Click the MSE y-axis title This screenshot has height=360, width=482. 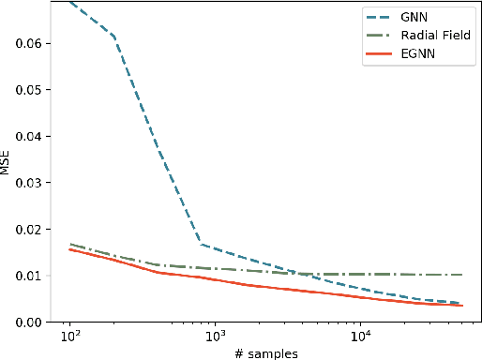[x=8, y=162]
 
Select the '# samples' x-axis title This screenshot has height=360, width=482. [x=267, y=352]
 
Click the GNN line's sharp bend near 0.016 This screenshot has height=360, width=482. [x=201, y=245]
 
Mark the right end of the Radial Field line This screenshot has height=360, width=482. [x=461, y=275]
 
